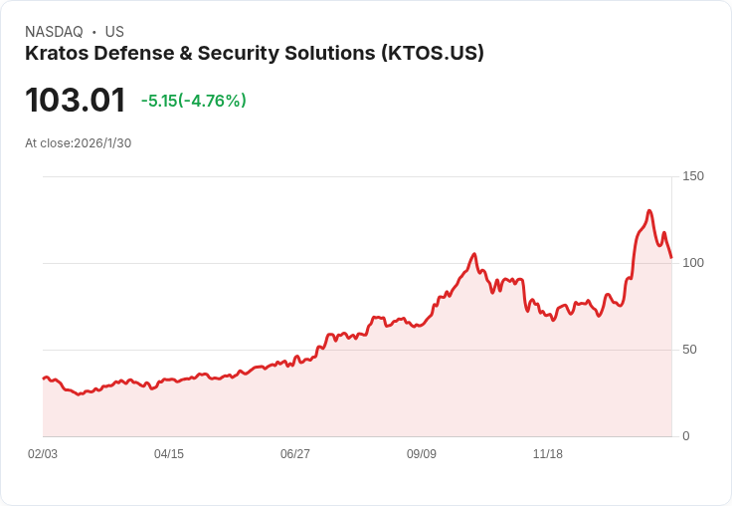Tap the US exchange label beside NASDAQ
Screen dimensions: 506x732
pos(114,32)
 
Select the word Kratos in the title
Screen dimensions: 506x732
pos(55,54)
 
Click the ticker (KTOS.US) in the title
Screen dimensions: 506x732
pos(433,54)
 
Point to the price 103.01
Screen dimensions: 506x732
pos(76,101)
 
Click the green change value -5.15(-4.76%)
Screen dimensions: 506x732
pos(194,101)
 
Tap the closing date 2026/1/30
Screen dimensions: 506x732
pos(102,143)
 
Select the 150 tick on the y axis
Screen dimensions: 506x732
pos(693,176)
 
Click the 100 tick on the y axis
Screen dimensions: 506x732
pos(693,263)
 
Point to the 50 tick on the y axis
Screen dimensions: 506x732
pos(689,350)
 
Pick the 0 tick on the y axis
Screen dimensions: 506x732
pos(686,436)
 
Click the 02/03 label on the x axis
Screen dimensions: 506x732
pos(43,454)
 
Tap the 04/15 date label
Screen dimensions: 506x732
pos(169,454)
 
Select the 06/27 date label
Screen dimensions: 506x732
pos(295,454)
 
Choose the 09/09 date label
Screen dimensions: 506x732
pos(422,454)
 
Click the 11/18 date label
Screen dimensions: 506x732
pos(548,454)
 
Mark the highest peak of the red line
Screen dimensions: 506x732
pos(649,211)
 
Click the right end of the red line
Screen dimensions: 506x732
pos(671,257)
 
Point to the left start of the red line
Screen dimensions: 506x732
pos(44,379)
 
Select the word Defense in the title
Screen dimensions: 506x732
pos(132,54)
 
